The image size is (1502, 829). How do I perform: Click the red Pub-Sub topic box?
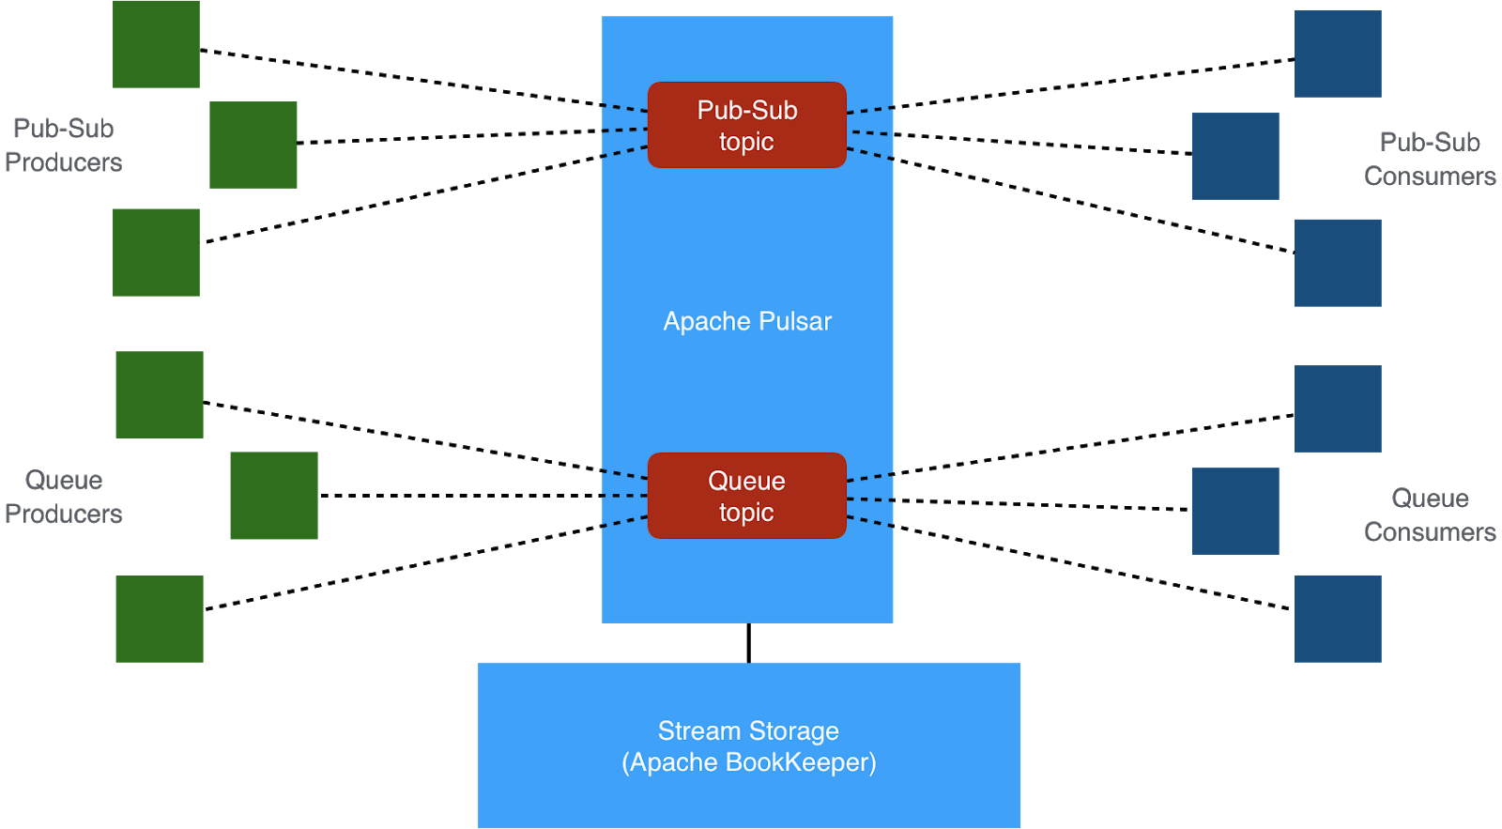tap(746, 125)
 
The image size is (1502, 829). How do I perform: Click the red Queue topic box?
tap(746, 496)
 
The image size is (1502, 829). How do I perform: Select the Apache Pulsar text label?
tap(747, 321)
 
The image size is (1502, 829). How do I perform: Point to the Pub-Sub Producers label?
tap(63, 146)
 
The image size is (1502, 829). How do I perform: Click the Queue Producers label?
tap(63, 497)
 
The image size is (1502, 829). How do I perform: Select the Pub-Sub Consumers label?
tap(1429, 159)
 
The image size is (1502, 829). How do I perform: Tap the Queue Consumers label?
tap(1429, 514)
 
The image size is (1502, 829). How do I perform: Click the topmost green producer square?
tap(156, 44)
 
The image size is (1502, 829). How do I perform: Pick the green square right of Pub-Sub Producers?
tap(253, 145)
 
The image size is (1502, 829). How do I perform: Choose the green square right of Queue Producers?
tap(273, 495)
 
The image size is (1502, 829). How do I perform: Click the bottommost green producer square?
tap(159, 619)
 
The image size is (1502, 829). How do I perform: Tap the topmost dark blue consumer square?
tap(1337, 54)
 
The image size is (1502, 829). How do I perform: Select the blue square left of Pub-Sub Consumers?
tap(1234, 156)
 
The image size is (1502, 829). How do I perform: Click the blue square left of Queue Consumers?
tap(1234, 511)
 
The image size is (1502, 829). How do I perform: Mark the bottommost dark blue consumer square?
tap(1337, 619)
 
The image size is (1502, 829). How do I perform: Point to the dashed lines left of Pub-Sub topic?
tap(624, 130)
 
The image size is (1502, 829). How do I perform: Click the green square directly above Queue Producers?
tap(159, 394)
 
